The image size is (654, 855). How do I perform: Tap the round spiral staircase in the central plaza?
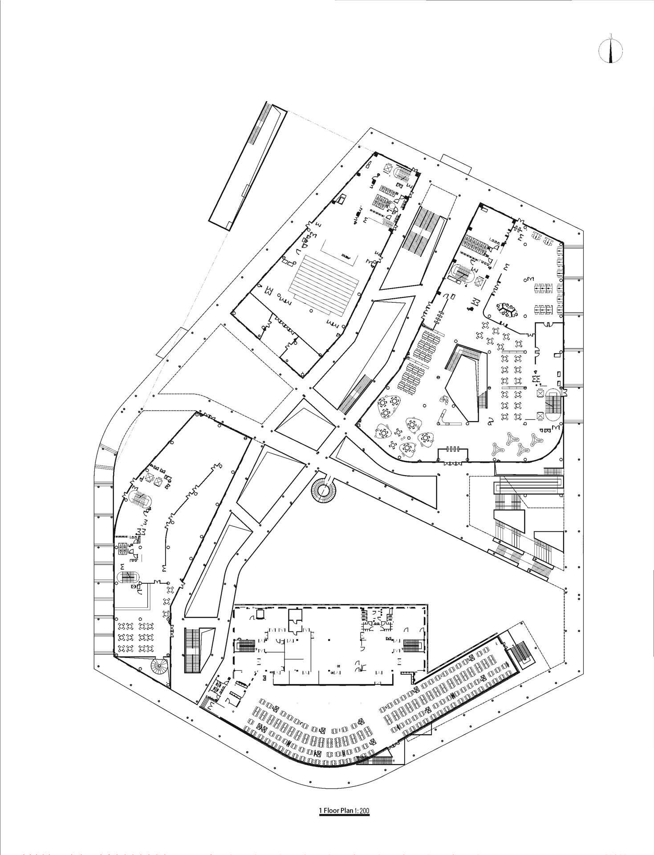(x=324, y=491)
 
